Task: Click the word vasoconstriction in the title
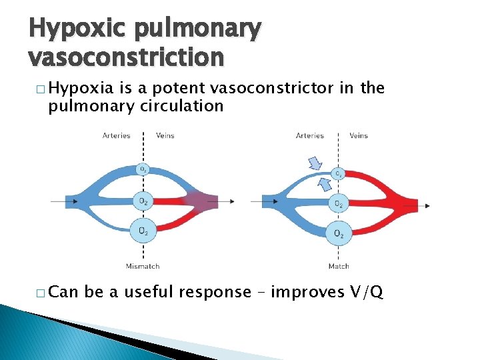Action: (x=127, y=57)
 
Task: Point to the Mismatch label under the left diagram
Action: (x=143, y=267)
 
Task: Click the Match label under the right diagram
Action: (x=339, y=267)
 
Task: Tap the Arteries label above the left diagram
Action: (x=117, y=135)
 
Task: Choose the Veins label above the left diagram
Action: (x=165, y=135)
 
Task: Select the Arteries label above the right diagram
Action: (x=310, y=135)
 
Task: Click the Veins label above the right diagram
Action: (x=359, y=135)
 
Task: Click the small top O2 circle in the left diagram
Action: (x=143, y=169)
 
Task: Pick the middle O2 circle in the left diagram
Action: (x=143, y=201)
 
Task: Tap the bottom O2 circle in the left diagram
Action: (x=143, y=231)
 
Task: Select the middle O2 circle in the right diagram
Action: (x=339, y=203)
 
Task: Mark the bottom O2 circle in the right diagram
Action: (x=339, y=233)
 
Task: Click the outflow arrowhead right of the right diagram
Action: (x=427, y=205)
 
